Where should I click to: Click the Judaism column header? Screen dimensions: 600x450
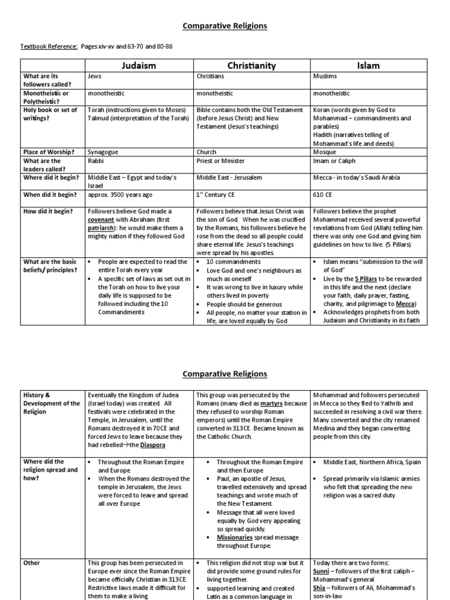point(139,66)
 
